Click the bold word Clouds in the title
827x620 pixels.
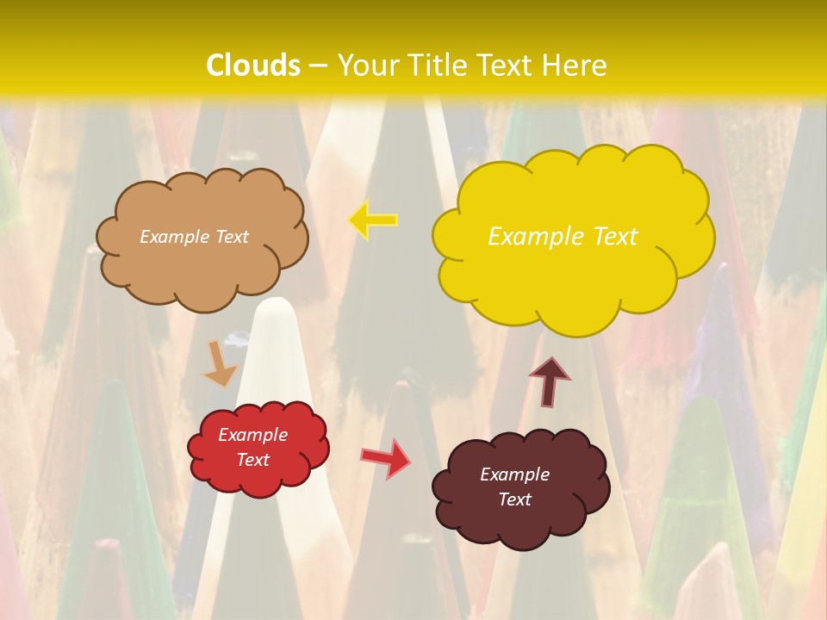253,65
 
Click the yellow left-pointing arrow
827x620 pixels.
373,220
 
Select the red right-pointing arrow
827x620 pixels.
386,457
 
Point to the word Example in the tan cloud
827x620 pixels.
175,237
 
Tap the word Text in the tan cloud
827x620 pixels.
232,237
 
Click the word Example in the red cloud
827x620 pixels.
252,435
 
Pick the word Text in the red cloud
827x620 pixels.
253,460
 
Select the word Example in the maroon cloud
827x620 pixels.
514,474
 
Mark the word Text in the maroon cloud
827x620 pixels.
515,499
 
